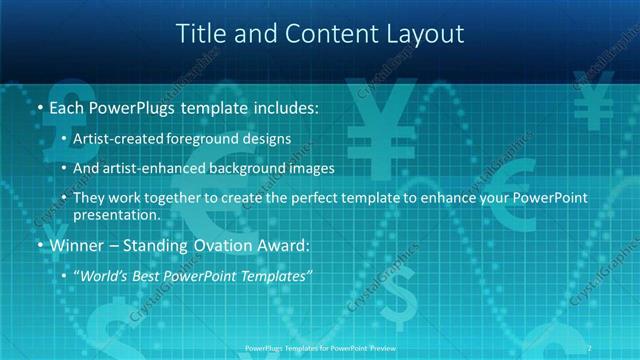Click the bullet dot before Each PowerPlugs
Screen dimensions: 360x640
pyautogui.click(x=39, y=106)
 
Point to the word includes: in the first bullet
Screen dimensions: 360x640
pyautogui.click(x=280, y=106)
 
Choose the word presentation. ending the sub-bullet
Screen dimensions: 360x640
pyautogui.click(x=116, y=215)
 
